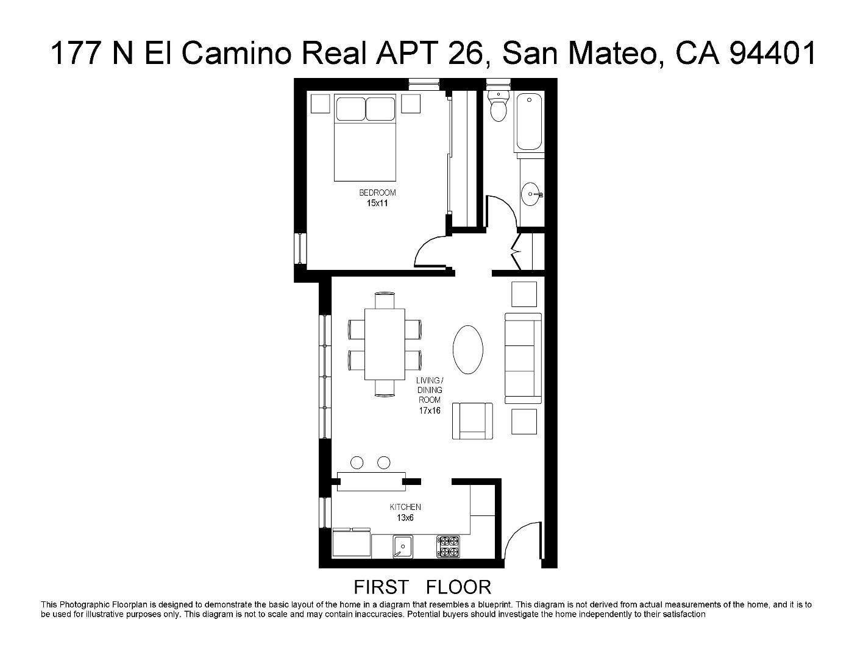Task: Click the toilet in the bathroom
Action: (499, 108)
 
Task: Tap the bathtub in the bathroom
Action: (528, 122)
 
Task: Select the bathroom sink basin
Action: (531, 194)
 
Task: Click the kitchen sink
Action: (402, 545)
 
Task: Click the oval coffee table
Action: (468, 349)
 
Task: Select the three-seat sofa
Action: (522, 358)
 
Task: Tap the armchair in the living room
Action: (472, 420)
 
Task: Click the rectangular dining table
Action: (385, 344)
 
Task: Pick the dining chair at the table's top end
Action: (385, 300)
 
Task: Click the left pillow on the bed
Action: (350, 108)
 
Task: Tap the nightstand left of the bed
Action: (321, 104)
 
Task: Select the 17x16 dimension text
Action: (430, 411)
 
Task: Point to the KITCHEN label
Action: (405, 507)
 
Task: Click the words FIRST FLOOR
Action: (422, 587)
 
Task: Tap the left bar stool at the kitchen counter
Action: (357, 463)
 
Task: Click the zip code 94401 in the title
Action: (772, 54)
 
